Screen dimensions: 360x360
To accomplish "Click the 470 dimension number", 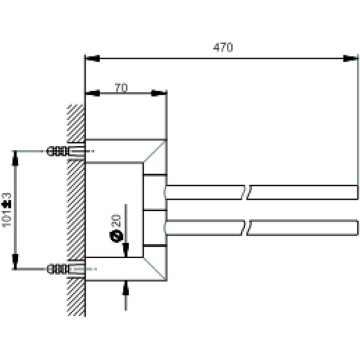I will tap(223, 47).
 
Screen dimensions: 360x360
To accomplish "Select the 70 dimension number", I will tap(121, 87).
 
